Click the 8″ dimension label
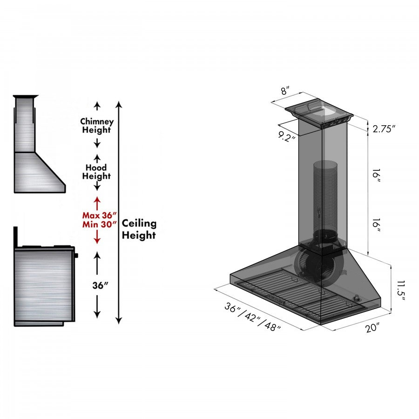pos(285,91)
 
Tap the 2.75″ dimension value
pos(384,129)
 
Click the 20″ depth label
pos(373,328)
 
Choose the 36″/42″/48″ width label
pos(253,317)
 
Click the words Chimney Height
pos(97,126)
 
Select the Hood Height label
pos(97,172)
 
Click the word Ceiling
pos(139,224)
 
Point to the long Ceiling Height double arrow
pos(119,212)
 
